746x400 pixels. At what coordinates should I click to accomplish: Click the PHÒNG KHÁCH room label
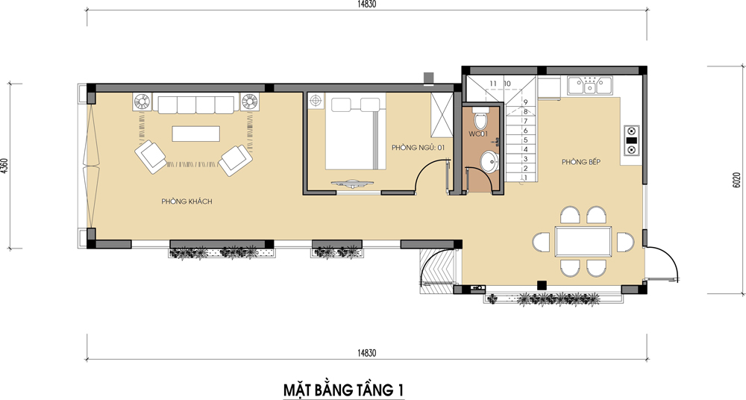pyautogui.click(x=186, y=202)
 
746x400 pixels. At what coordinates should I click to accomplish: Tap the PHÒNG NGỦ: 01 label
pyautogui.click(x=419, y=148)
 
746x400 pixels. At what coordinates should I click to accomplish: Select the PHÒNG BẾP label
pyautogui.click(x=581, y=162)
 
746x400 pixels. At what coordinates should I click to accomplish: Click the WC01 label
pyautogui.click(x=478, y=134)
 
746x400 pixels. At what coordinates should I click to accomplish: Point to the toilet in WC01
pyautogui.click(x=480, y=119)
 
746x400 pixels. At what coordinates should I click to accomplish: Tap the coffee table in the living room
pyautogui.click(x=196, y=134)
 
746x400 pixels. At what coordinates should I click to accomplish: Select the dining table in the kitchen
pyautogui.click(x=583, y=242)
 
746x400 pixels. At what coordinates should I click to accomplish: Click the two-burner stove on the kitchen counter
pyautogui.click(x=631, y=140)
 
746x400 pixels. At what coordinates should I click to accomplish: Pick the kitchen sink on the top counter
pyautogui.click(x=590, y=86)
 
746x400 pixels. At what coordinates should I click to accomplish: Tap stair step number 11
pyautogui.click(x=493, y=84)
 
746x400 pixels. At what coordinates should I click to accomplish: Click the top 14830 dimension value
pyautogui.click(x=366, y=4)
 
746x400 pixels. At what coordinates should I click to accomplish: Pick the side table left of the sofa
pyautogui.click(x=142, y=102)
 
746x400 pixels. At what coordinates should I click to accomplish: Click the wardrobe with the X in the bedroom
pyautogui.click(x=442, y=115)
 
